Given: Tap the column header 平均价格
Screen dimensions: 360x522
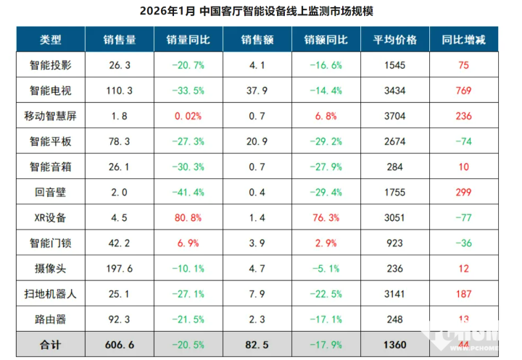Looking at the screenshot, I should (x=395, y=41).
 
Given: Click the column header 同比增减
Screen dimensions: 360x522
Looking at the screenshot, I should (x=464, y=41).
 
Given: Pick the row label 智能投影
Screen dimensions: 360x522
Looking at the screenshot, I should (x=50, y=65).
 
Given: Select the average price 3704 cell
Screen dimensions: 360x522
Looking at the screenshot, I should (x=395, y=116).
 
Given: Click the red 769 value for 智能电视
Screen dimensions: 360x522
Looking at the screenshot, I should (x=464, y=91).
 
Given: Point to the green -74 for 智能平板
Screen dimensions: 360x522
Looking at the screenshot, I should (x=464, y=141).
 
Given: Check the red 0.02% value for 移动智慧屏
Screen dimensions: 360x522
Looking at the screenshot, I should (x=188, y=116).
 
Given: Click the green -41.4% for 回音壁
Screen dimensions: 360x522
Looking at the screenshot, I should (x=188, y=192).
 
